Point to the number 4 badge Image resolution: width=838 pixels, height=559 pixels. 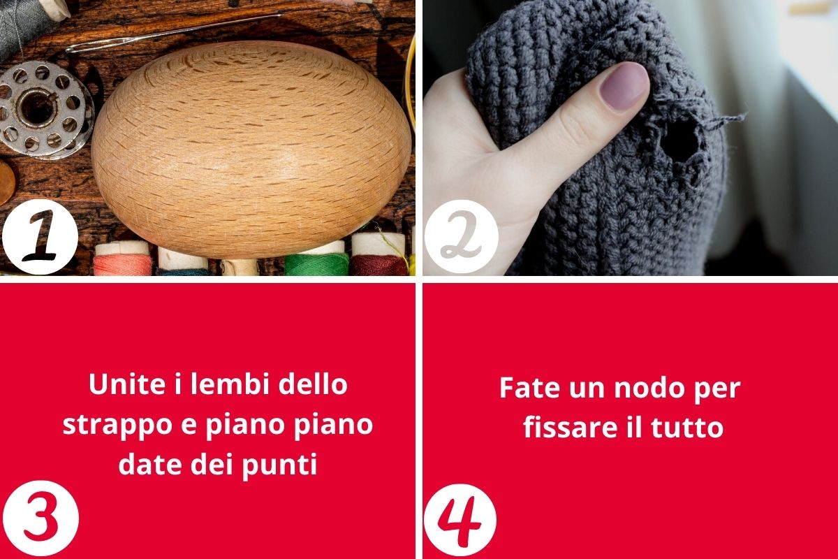click(x=460, y=520)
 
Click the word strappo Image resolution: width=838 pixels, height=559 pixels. click(x=112, y=425)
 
